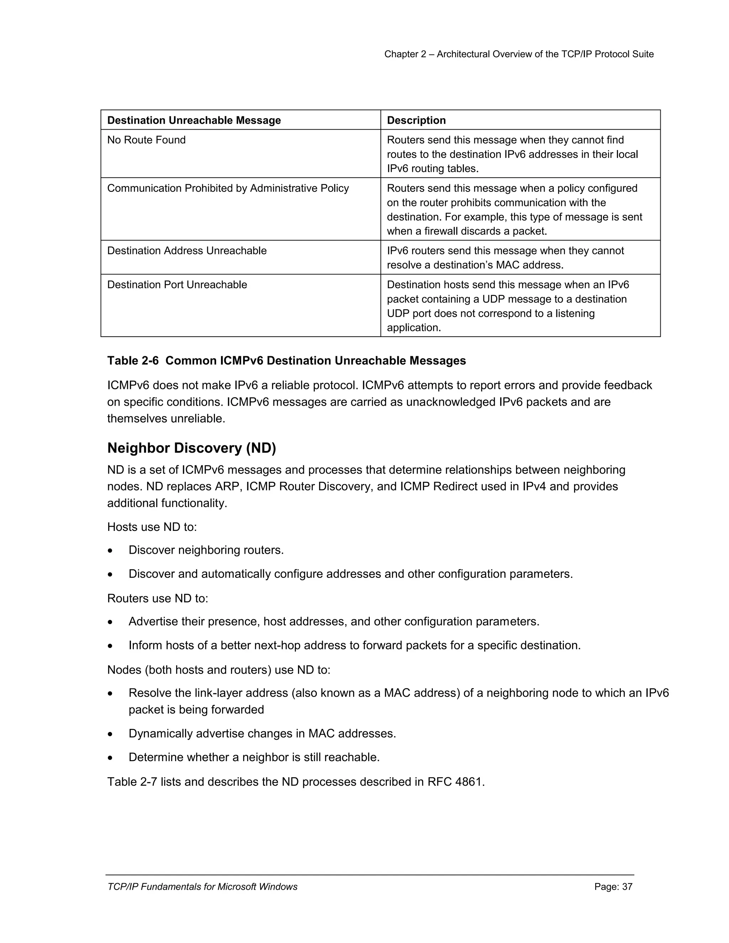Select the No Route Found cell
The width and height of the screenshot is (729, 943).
(x=146, y=140)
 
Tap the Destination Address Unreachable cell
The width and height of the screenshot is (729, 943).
(x=187, y=251)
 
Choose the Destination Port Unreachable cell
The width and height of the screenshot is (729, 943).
(x=177, y=285)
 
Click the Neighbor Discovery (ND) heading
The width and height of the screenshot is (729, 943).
(x=191, y=448)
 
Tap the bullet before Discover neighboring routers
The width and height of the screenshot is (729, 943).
(x=111, y=551)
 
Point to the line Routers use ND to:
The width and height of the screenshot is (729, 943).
(x=157, y=599)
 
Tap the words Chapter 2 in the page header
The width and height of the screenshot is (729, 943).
(x=405, y=54)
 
